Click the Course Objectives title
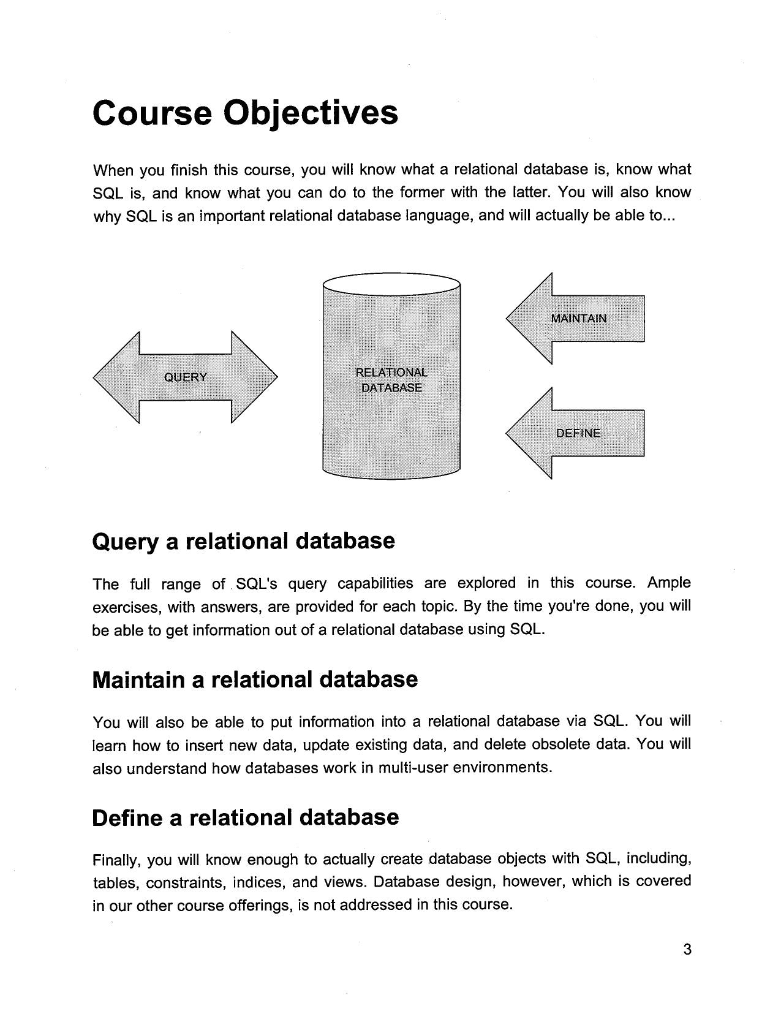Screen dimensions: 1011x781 click(x=245, y=113)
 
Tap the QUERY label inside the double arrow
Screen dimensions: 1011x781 click(x=185, y=377)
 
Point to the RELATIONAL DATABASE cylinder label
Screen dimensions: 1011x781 click(x=391, y=380)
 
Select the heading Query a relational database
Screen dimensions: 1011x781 click(x=243, y=542)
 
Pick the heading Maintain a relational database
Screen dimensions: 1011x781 click(x=255, y=680)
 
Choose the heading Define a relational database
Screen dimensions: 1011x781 click(x=245, y=817)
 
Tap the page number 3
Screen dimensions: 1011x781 click(x=687, y=950)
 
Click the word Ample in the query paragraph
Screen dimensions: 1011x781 click(x=669, y=583)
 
